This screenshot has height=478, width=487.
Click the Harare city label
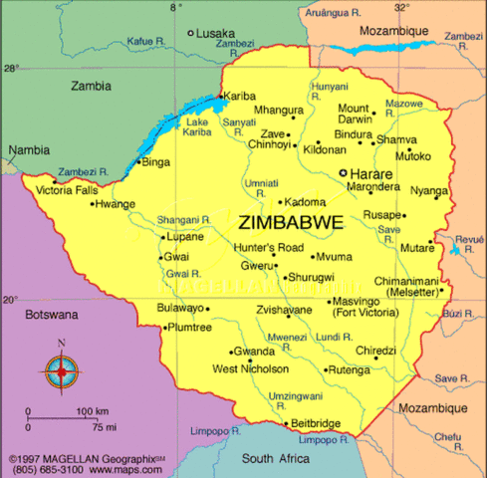tap(371, 173)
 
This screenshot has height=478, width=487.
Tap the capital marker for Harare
tap(344, 172)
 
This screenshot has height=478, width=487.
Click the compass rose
tap(62, 370)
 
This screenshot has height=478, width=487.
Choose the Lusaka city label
tap(217, 33)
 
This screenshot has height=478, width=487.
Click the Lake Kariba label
tap(197, 127)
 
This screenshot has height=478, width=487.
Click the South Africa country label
tap(280, 458)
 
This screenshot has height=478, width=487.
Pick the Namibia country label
tap(28, 149)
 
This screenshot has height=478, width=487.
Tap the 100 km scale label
tap(92, 411)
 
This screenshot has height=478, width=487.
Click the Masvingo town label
tap(362, 302)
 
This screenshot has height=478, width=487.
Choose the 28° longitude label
tap(10, 69)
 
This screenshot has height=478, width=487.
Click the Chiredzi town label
tap(375, 351)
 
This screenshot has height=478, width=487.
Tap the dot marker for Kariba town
tap(221, 97)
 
